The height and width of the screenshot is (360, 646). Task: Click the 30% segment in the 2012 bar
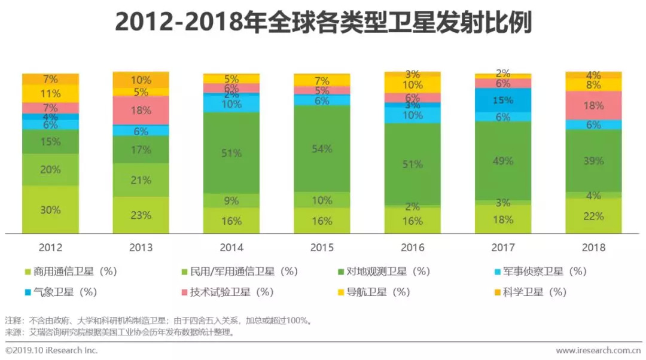pyautogui.click(x=50, y=210)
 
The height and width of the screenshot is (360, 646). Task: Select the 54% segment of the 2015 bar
pyautogui.click(x=322, y=149)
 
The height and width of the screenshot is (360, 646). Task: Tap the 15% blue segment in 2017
pyautogui.click(x=503, y=100)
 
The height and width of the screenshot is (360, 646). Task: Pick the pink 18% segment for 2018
pyautogui.click(x=593, y=105)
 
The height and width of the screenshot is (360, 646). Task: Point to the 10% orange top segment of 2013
pyautogui.click(x=141, y=80)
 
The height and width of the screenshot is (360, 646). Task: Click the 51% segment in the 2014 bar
pyautogui.click(x=231, y=153)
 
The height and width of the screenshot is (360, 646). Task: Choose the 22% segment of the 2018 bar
pyautogui.click(x=593, y=216)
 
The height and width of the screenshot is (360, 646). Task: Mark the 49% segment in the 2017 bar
pyautogui.click(x=503, y=161)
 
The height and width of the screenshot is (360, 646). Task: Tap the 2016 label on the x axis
pyautogui.click(x=412, y=247)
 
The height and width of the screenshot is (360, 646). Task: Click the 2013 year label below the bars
pyautogui.click(x=141, y=247)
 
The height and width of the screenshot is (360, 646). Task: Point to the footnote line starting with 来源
pyautogui.click(x=120, y=331)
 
